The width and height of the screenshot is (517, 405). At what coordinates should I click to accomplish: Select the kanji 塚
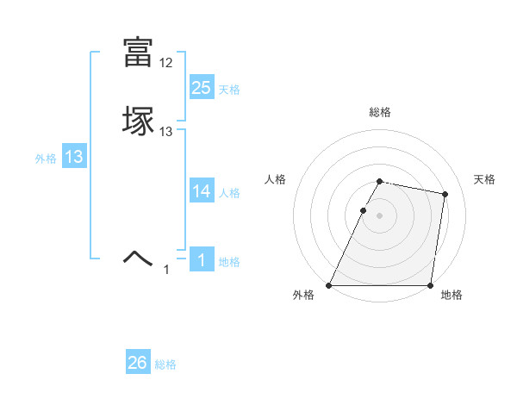[x=139, y=121]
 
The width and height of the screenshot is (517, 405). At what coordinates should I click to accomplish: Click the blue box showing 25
[x=202, y=87]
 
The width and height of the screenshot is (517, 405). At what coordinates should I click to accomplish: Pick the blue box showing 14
[x=202, y=190]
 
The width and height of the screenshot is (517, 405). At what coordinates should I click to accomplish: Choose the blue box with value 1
[x=202, y=259]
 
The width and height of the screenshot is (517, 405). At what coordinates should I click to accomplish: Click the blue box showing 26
[x=138, y=363]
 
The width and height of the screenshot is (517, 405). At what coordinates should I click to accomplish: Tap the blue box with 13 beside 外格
[x=74, y=157]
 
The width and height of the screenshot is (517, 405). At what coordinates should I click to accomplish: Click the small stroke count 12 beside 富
[x=166, y=63]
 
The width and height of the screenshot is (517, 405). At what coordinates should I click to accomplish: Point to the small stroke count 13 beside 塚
[x=166, y=132]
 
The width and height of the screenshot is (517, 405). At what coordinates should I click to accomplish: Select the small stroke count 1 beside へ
[x=166, y=270]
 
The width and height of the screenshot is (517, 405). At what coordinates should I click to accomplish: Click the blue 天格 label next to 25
[x=229, y=90]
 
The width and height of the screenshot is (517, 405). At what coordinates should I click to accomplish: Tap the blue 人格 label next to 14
[x=229, y=193]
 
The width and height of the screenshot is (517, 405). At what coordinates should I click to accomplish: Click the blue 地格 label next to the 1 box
[x=229, y=262]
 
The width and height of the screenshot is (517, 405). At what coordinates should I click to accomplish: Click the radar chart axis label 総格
[x=380, y=112]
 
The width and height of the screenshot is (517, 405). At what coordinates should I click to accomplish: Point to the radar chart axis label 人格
[x=276, y=179]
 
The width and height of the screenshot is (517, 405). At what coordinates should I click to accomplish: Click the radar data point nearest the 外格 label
[x=329, y=285]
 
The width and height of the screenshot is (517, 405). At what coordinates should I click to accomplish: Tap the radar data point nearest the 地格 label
[x=430, y=285]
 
